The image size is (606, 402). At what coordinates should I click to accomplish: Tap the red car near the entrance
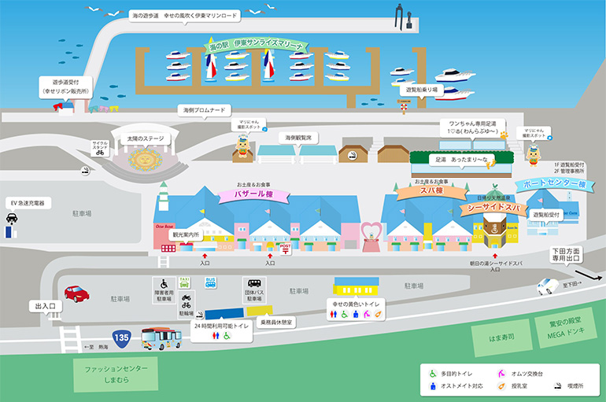pyautogui.click(x=76, y=294)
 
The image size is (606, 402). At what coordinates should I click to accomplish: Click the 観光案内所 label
pyautogui.click(x=186, y=234)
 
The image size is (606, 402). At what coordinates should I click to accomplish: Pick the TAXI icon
pyautogui.click(x=185, y=282)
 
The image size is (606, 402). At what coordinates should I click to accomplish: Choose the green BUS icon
pyautogui.click(x=210, y=282)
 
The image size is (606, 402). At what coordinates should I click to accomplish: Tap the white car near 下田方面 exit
pyautogui.click(x=548, y=286)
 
